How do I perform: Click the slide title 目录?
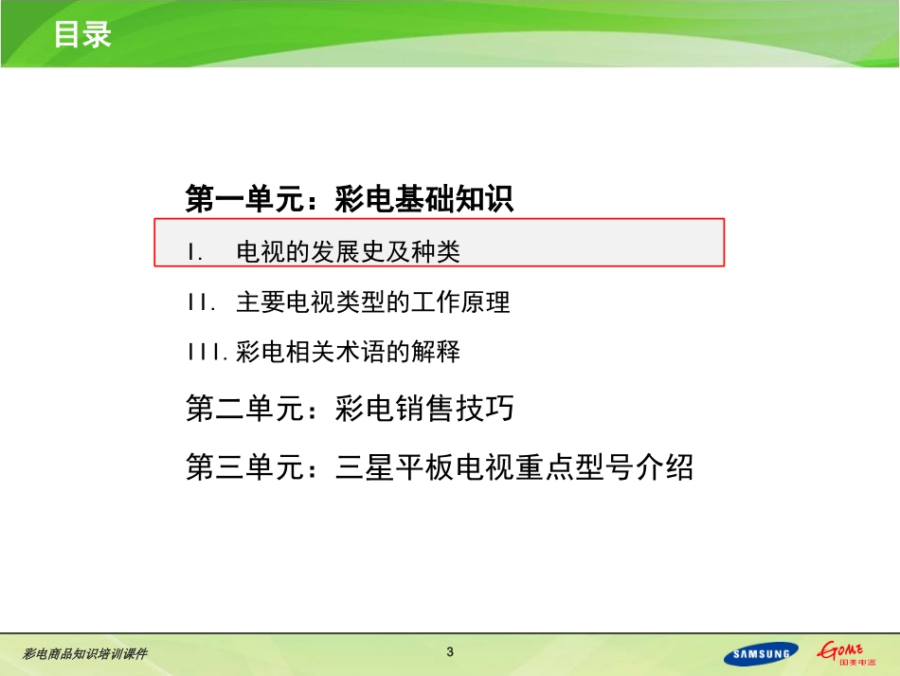[82, 34]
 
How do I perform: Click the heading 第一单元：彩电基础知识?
[349, 199]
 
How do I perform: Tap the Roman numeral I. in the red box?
[196, 252]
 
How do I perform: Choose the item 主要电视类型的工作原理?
[372, 302]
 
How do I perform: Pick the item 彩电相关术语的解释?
[348, 353]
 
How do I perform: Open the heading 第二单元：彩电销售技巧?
[350, 409]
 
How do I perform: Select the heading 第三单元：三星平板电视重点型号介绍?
[440, 466]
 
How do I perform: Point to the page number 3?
[450, 651]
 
